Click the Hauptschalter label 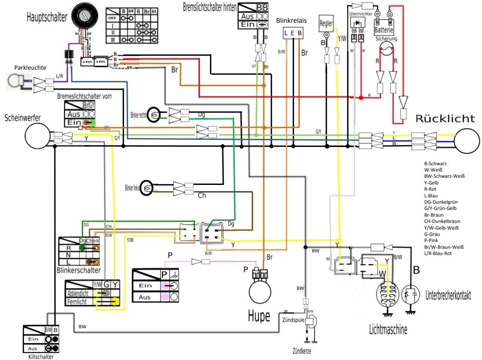[x=47, y=17]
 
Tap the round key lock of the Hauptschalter [x=83, y=17]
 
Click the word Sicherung [x=386, y=39]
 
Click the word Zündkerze [x=300, y=351]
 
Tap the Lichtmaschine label [x=388, y=330]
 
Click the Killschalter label [x=41, y=356]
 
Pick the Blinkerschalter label [x=79, y=270]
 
